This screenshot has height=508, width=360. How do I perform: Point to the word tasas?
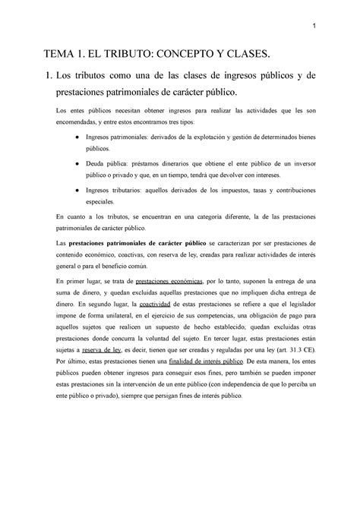click(x=240, y=190)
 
